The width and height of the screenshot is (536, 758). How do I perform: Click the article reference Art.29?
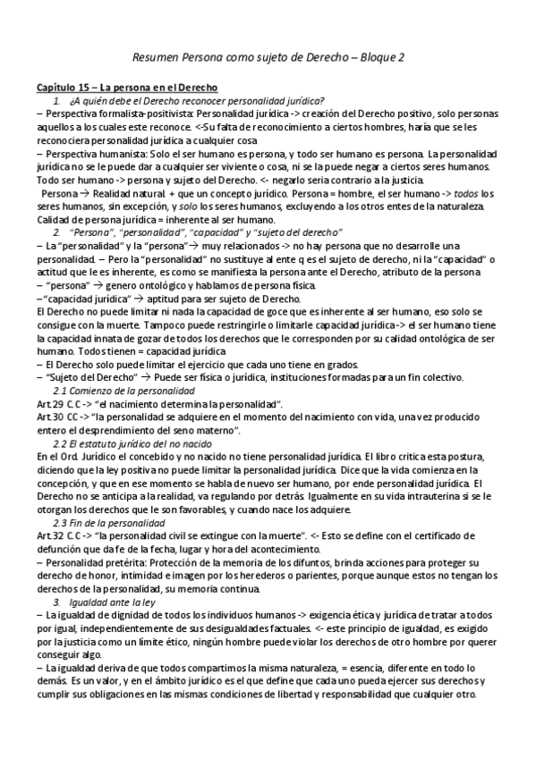click(49, 404)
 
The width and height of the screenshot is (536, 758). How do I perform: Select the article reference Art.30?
click(49, 417)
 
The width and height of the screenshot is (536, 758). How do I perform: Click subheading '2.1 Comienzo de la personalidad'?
click(124, 391)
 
